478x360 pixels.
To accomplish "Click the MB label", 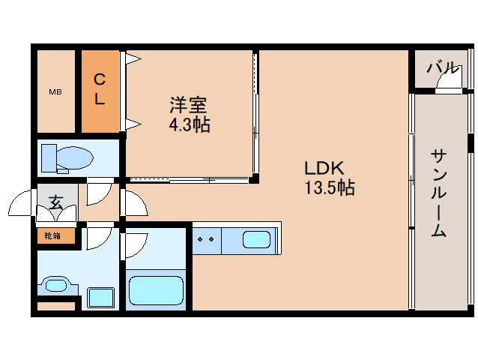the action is click(x=55, y=91).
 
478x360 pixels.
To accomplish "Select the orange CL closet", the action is click(x=100, y=91).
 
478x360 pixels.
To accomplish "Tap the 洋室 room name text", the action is click(x=188, y=105).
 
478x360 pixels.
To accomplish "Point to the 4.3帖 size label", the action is click(x=190, y=124).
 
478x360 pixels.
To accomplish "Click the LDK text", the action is click(x=324, y=168).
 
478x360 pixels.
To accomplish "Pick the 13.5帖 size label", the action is click(x=330, y=187).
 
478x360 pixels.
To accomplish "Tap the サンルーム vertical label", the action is click(x=439, y=193).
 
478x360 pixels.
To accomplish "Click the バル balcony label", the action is click(x=443, y=67).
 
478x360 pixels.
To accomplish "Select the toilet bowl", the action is click(x=75, y=157).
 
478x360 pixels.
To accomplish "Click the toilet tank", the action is click(x=49, y=158).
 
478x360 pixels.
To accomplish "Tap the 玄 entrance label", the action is click(x=56, y=202).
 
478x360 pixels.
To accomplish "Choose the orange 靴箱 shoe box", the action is click(x=56, y=235).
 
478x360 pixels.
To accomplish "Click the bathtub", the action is click(x=156, y=290).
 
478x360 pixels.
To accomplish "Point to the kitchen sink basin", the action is click(x=257, y=239).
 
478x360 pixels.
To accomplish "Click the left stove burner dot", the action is click(x=200, y=239).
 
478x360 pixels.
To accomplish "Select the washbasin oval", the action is click(x=55, y=286).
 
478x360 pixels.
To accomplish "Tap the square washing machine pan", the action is click(x=101, y=298).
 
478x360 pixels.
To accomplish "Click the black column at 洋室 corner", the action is click(x=254, y=178).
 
